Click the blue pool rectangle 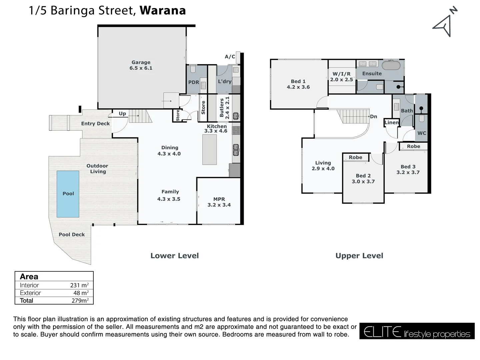coord(68,194)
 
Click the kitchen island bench coord(209,149)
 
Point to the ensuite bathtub coord(391,65)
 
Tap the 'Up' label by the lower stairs coord(122,114)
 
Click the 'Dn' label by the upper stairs coord(373,117)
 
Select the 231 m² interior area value coord(79,285)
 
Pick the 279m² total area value coord(80,301)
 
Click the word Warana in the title coord(163,11)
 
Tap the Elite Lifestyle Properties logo coord(417,331)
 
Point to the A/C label coord(230,57)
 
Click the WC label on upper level coord(422,133)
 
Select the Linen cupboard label coord(391,123)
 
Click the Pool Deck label coord(72,235)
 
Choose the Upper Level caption coord(359,256)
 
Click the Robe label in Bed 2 coord(355,157)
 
